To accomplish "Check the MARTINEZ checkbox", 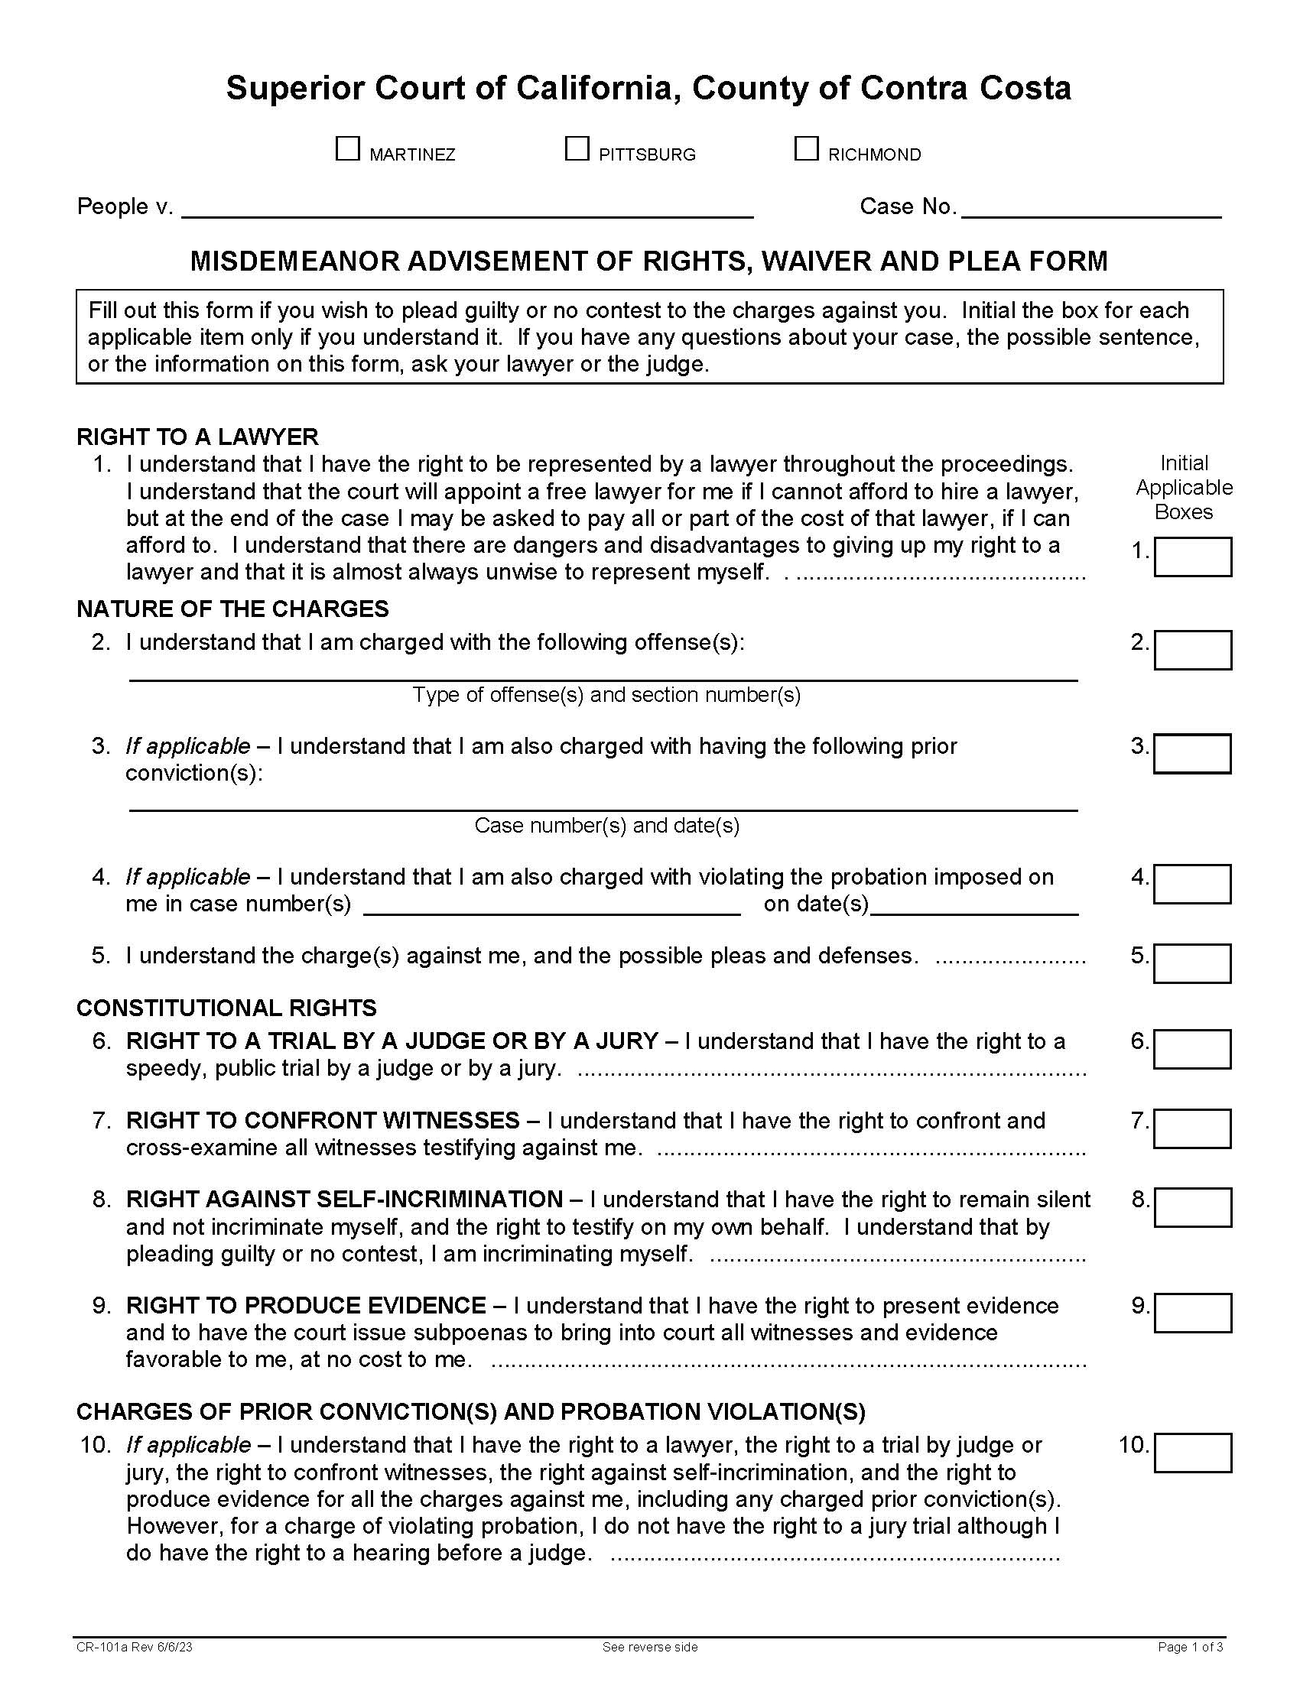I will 347,148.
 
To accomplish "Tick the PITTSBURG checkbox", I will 577,148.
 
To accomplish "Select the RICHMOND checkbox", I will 805,148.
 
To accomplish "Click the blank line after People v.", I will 466,208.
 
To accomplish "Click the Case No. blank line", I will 1091,208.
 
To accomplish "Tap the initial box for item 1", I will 1192,557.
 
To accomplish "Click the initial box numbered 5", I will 1191,963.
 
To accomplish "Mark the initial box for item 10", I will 1192,1453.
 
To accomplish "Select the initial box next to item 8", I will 1192,1206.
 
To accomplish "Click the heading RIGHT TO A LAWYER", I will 197,437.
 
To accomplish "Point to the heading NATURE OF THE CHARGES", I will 232,609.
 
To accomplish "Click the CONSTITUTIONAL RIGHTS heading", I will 226,1008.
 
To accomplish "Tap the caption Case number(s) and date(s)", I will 607,826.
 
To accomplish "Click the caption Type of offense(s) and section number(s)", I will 607,695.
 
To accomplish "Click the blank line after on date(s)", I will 973,905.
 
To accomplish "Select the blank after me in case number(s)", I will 551,905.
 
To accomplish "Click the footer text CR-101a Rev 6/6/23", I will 134,1648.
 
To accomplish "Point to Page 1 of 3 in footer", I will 1191,1648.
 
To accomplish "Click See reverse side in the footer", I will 650,1648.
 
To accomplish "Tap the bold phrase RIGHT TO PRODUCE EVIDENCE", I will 306,1305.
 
